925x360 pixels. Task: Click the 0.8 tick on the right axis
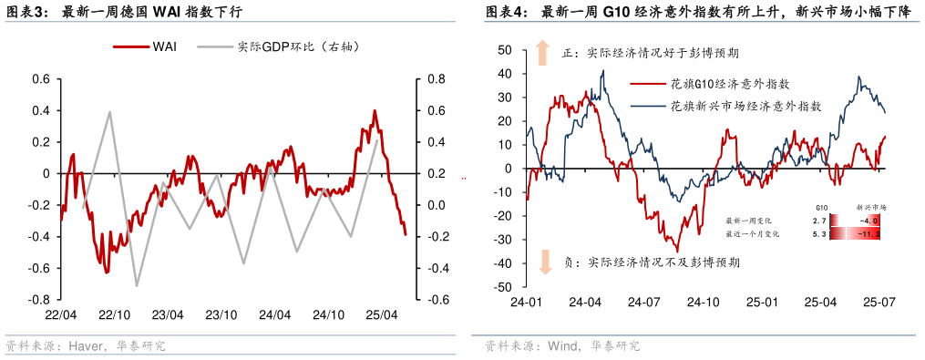pyautogui.click(x=435, y=79)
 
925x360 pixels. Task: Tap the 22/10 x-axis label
pyautogui.click(x=114, y=314)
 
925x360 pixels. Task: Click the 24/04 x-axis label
pyautogui.click(x=274, y=314)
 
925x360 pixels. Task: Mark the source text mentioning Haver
pyautogui.click(x=87, y=346)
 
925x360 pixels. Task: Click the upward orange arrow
pyautogui.click(x=543, y=52)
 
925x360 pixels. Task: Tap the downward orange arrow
pyautogui.click(x=544, y=262)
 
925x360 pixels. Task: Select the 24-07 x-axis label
pyautogui.click(x=643, y=302)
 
